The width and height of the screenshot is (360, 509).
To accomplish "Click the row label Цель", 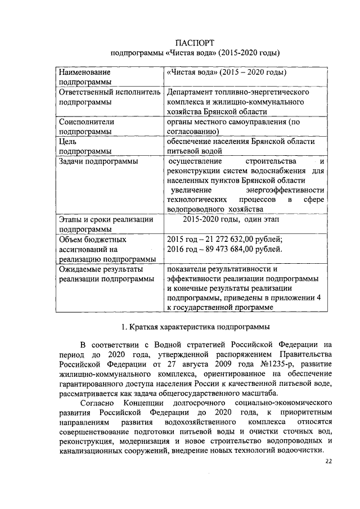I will pos(68,141).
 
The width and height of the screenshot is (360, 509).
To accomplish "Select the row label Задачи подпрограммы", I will pos(97,161).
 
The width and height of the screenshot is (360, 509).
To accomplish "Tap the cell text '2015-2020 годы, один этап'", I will pos(230,219).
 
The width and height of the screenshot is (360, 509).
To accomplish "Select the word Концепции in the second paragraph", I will pos(143,403).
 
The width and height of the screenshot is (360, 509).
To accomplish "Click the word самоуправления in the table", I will pos(256,121).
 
